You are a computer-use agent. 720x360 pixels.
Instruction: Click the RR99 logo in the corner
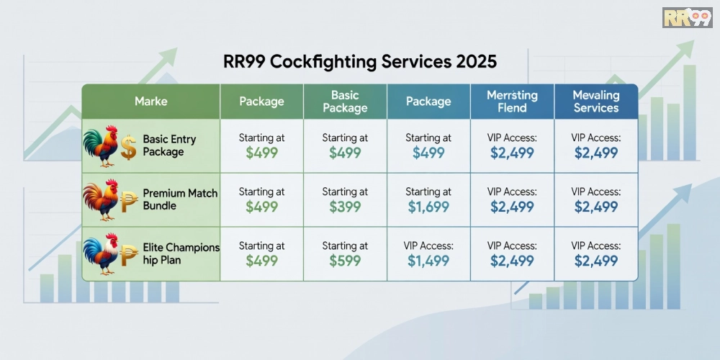(687, 17)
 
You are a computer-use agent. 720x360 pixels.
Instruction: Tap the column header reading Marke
(150, 102)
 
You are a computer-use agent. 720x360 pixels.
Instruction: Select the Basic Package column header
(345, 102)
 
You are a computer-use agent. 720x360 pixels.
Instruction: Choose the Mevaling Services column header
(595, 102)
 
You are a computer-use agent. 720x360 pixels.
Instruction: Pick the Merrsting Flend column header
(512, 102)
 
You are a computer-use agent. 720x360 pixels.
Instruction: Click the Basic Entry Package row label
(169, 145)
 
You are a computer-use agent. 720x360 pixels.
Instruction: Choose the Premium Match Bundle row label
(180, 199)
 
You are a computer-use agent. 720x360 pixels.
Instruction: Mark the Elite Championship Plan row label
(181, 253)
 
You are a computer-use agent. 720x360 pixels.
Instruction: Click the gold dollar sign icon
(128, 148)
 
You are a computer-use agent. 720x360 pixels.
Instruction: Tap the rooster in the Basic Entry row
(101, 145)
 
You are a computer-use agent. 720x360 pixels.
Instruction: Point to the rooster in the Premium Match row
(100, 199)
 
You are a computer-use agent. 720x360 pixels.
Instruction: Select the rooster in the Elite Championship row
(100, 253)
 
